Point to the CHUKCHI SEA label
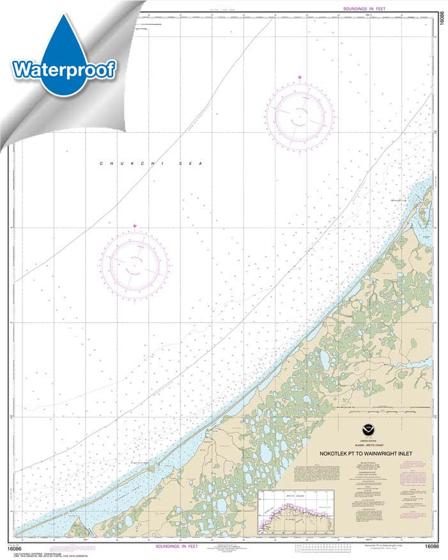coord(150,164)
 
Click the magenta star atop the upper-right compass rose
coord(300,79)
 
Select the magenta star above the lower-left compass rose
coord(135,226)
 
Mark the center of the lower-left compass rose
coord(135,263)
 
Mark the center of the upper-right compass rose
coord(300,116)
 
